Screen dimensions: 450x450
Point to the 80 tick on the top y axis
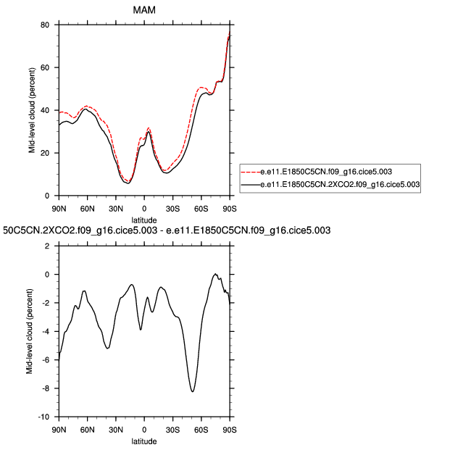point(44,25)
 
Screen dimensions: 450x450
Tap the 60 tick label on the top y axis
point(44,67)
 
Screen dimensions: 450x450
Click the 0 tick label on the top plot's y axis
point(46,196)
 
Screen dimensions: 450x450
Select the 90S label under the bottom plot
point(230,429)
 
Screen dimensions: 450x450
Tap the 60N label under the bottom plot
point(87,429)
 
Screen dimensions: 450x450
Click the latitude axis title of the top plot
point(144,218)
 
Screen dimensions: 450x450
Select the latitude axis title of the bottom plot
point(144,441)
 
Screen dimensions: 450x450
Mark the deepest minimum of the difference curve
point(192,391)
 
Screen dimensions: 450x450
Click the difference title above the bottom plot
point(167,230)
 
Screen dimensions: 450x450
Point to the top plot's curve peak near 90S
point(230,36)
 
